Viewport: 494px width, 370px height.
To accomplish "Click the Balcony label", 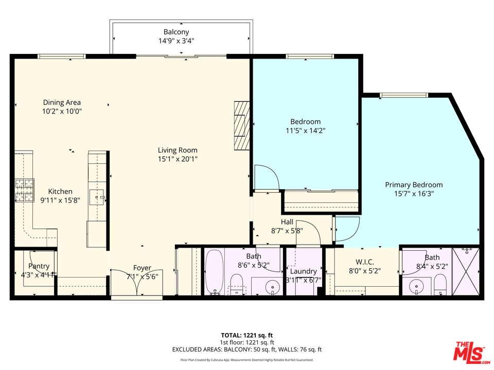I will [x=176, y=32].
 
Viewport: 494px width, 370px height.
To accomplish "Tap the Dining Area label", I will [x=62, y=102].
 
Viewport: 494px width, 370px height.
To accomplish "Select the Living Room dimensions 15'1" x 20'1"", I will [x=178, y=159].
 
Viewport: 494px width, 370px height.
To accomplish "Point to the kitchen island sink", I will [x=97, y=195].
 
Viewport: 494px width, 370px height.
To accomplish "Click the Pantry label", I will [x=39, y=266].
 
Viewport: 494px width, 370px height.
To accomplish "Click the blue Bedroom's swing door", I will [x=267, y=177].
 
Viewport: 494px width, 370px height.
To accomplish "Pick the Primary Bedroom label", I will [x=414, y=185].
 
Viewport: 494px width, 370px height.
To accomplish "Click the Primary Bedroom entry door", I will [x=347, y=228].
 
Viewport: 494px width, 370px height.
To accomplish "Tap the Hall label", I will [x=287, y=222].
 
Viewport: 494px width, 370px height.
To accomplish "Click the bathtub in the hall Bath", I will [x=213, y=271].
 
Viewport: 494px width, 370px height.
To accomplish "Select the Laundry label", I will [x=303, y=271].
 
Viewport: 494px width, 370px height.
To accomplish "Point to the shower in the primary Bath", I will [x=465, y=271].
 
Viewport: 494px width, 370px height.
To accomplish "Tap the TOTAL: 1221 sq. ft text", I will [x=247, y=335].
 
